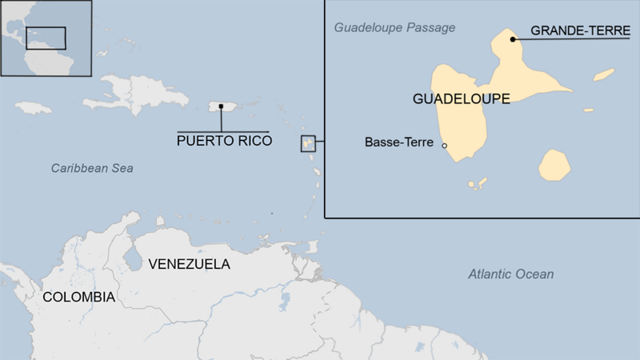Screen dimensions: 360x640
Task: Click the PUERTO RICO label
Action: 224,142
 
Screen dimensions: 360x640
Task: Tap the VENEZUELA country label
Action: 190,264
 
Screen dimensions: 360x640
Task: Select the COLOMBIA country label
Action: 78,297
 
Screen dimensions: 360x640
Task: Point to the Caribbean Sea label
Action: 92,168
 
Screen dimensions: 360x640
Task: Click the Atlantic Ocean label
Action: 510,274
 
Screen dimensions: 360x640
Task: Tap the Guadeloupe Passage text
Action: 394,28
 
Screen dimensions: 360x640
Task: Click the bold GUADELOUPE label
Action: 462,98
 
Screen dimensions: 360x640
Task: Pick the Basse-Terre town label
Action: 398,143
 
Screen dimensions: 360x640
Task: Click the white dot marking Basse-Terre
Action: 445,146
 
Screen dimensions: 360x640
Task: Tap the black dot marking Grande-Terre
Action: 513,38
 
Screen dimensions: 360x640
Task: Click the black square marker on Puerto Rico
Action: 221,106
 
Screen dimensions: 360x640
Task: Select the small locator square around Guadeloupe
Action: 308,143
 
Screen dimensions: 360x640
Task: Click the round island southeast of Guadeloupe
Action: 554,165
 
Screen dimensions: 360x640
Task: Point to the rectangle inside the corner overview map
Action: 46,38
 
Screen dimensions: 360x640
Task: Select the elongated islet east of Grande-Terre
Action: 604,74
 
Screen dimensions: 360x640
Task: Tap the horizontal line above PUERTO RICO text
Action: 223,131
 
